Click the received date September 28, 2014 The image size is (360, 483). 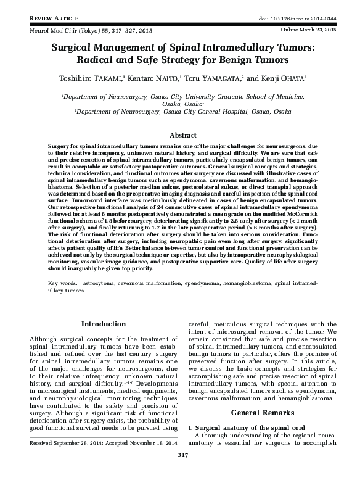[82, 460]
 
